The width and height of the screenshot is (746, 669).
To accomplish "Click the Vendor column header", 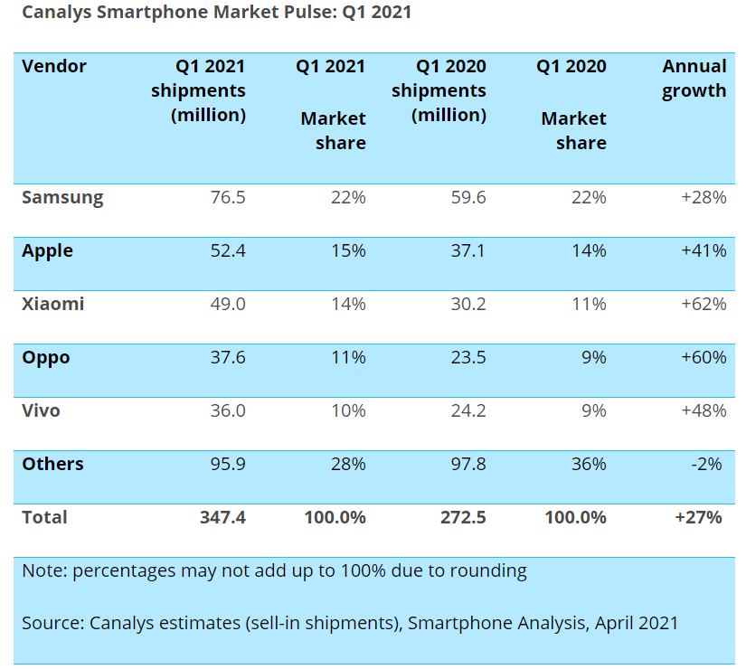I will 54,67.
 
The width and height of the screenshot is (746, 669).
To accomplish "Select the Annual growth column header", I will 694,79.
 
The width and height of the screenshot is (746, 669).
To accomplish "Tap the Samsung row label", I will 62,197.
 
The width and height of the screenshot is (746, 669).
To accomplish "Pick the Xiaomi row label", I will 53,304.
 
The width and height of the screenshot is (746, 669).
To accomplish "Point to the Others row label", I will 52,464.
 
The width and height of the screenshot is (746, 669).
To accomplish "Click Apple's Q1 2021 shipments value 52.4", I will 227,250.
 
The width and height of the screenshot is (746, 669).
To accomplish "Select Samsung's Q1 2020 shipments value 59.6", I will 467,197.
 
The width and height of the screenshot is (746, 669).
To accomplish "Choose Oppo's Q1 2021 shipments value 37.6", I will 227,357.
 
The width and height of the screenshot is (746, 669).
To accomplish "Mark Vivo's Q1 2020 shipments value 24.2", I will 467,410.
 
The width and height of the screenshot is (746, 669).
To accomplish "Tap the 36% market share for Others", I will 589,464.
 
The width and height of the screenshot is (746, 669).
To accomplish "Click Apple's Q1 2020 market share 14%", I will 589,250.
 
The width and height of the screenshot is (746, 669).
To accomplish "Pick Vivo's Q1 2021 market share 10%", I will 348,410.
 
